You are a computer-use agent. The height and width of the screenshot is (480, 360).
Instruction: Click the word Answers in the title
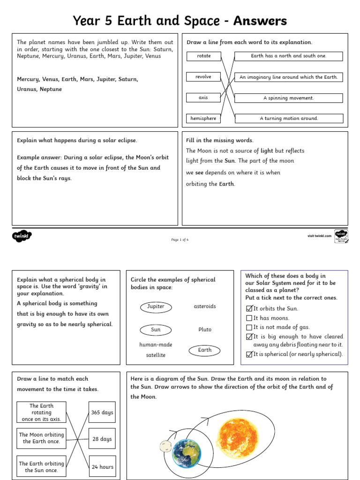[260, 21]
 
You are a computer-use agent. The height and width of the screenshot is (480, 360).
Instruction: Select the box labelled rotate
[203, 56]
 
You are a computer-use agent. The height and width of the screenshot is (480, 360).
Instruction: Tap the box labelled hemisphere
[203, 119]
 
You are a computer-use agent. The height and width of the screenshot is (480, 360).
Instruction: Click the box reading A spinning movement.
[288, 98]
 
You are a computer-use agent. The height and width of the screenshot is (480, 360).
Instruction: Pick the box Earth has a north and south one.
[288, 56]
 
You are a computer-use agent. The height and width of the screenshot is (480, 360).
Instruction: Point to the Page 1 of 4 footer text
[180, 240]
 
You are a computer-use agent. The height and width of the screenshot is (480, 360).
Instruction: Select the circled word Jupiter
[156, 307]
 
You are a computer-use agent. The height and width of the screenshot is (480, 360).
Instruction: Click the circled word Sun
[156, 330]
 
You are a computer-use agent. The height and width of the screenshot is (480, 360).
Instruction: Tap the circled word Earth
[204, 350]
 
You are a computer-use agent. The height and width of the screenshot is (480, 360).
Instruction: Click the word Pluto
[205, 330]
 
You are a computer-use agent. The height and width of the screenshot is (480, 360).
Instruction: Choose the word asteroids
[205, 307]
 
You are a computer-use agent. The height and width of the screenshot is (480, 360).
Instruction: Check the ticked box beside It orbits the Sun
[249, 308]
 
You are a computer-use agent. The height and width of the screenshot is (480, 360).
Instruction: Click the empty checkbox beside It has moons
[249, 318]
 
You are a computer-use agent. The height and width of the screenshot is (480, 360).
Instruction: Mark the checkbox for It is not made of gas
[249, 328]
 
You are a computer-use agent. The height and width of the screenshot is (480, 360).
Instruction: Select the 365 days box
[102, 413]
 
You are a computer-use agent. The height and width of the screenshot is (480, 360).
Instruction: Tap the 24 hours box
[102, 467]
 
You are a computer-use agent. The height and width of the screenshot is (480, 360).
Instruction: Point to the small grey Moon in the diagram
[165, 446]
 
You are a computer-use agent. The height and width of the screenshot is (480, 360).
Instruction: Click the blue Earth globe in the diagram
[187, 453]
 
